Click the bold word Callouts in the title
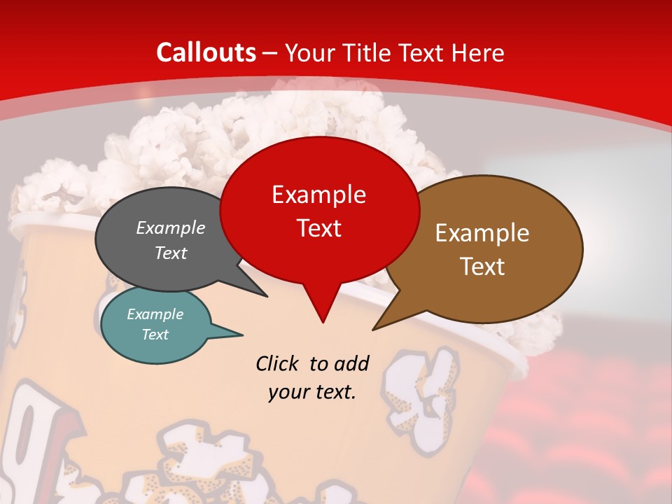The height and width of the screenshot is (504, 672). [x=206, y=52]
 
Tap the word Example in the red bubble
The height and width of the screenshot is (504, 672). [x=318, y=195]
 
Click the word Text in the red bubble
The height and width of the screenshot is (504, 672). [x=318, y=227]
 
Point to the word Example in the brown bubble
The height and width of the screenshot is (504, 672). [x=482, y=233]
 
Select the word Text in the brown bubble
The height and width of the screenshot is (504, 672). [x=482, y=266]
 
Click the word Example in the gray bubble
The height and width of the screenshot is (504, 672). [x=171, y=227]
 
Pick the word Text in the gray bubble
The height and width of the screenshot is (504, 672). [x=171, y=253]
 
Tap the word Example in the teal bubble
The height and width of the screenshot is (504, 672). [x=155, y=314]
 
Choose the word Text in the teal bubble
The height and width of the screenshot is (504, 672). [x=155, y=335]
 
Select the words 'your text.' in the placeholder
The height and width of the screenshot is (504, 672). [x=312, y=392]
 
